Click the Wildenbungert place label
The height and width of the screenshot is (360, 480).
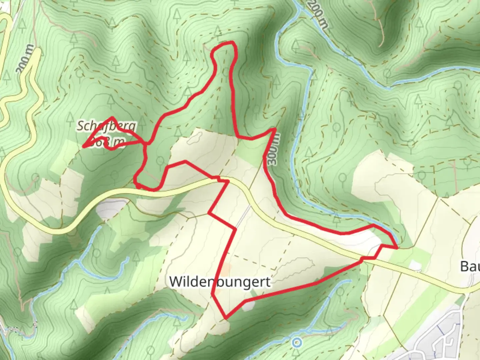(x=220, y=282)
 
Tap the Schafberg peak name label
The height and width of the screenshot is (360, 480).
(x=107, y=126)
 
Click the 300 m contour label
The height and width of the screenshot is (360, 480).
(x=273, y=149)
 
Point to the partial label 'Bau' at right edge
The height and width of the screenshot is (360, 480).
(x=470, y=266)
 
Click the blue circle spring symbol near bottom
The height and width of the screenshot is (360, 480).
(x=296, y=342)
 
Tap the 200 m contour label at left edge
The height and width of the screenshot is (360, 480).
(x=25, y=59)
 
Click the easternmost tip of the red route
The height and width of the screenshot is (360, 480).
(x=397, y=248)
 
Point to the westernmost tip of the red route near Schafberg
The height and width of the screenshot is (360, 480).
(x=84, y=146)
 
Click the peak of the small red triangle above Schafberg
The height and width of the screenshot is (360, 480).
(x=113, y=118)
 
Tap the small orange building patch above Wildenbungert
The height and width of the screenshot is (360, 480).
(x=226, y=268)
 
